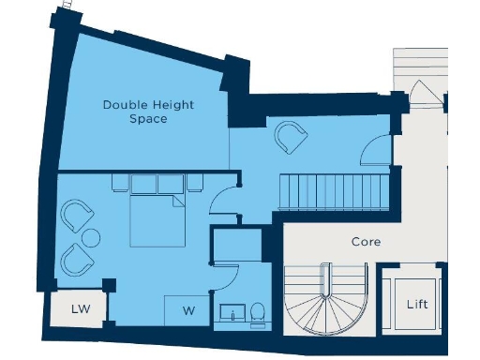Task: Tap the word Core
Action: [x=366, y=241]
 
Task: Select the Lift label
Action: [x=417, y=305]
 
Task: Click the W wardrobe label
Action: [x=188, y=310]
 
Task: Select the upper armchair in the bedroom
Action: [x=75, y=215]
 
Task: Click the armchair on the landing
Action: [x=290, y=139]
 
